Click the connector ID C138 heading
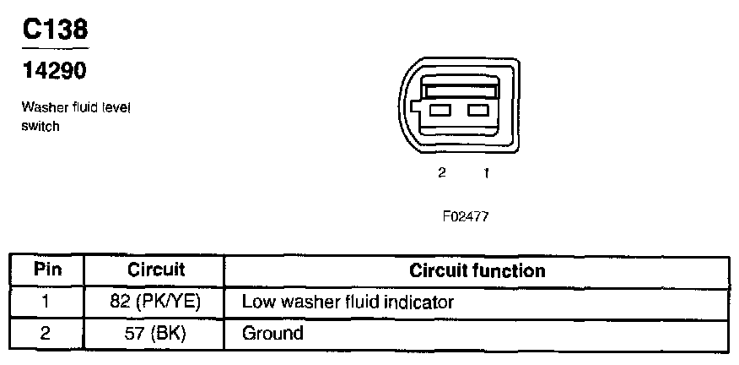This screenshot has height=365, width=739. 54,30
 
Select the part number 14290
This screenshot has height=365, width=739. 54,72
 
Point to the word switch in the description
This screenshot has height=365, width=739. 40,127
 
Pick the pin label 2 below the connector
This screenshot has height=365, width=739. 441,173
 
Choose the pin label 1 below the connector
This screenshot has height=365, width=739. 486,173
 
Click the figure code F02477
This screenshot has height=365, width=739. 465,216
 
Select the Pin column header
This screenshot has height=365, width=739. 47,270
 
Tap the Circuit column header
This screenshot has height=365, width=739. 156,270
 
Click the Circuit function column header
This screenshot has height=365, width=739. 477,270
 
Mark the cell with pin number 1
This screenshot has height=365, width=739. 47,301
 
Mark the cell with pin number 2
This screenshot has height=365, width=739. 47,333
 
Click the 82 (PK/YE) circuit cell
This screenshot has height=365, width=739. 156,301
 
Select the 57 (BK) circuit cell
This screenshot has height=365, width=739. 156,333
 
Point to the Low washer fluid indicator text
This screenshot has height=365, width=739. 348,301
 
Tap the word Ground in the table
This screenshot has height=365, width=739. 272,333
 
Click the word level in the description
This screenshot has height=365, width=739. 115,108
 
